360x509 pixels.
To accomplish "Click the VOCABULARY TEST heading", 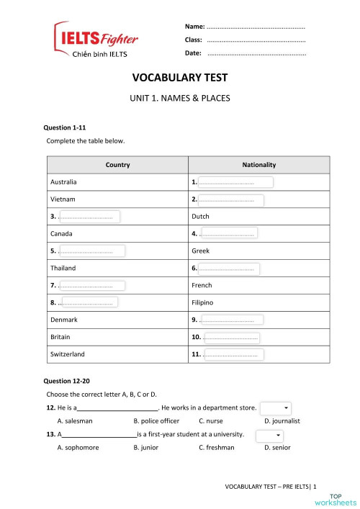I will coord(179,79).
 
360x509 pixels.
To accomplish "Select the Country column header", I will coord(117,165).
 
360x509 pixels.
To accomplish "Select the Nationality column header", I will coord(258,165).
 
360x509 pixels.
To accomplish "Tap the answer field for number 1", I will coord(235,182).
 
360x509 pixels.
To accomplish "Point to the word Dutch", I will coord(200,216).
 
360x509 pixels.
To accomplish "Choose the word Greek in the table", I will coord(200,251).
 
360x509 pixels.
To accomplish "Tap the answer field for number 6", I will coord(229,269).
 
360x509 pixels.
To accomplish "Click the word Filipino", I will coord(202,302).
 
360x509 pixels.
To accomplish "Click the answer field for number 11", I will coord(233,354).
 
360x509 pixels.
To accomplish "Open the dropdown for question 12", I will coord(276,408).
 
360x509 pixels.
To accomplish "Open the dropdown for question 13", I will coord(269,436).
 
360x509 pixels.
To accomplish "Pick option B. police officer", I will coord(156,420).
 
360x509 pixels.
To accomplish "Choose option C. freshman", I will coord(216,447).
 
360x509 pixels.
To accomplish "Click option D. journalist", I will coord(282,420).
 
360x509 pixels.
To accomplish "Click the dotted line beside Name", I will coord(256,27).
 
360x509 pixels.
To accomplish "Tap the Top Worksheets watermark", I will coord(343,499).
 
